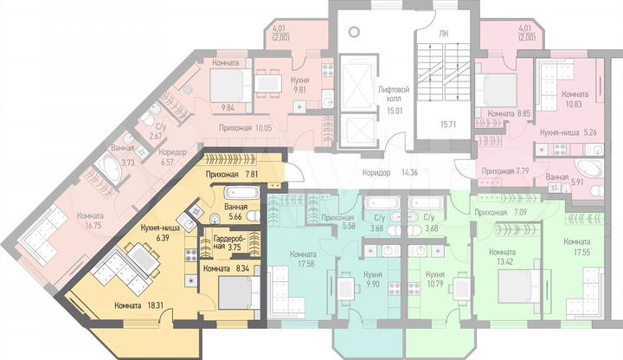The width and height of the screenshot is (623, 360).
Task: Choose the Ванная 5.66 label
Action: pyautogui.click(x=236, y=212)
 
